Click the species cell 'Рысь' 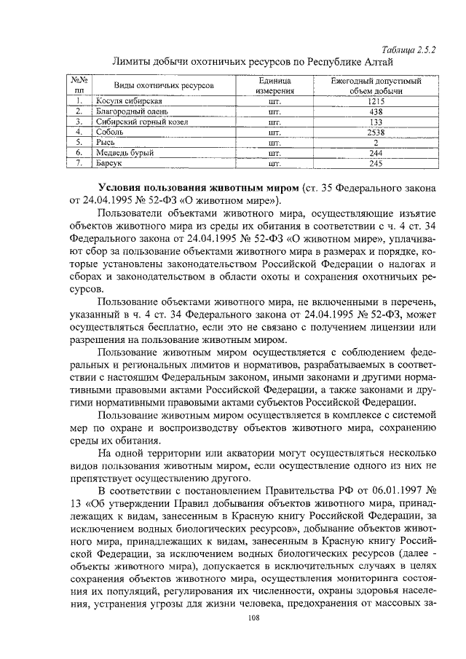click(x=106, y=143)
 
